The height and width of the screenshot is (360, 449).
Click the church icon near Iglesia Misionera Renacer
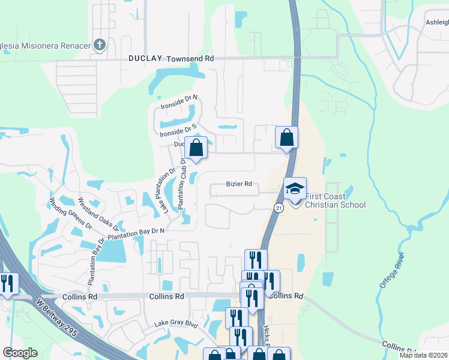coord(100,45)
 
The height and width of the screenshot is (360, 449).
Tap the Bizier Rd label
coord(238,184)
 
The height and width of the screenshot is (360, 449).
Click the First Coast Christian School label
coord(335,200)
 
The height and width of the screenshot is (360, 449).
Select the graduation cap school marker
coord(295,188)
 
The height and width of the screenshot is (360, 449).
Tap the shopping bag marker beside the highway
coord(287,137)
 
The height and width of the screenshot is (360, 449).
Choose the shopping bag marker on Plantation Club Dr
coord(196,148)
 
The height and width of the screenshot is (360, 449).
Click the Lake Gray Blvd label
coord(176,324)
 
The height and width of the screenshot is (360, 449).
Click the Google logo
coord(20,353)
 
